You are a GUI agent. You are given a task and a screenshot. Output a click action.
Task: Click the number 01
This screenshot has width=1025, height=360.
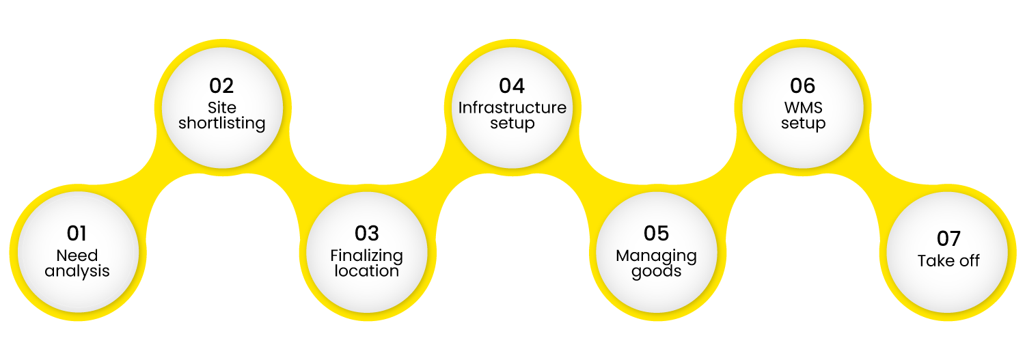[77, 234]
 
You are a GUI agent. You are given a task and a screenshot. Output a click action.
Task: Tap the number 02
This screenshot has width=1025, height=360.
[221, 86]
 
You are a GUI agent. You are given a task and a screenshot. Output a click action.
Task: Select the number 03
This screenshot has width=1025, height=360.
[366, 234]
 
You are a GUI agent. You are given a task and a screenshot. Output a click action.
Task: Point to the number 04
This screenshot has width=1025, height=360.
[512, 86]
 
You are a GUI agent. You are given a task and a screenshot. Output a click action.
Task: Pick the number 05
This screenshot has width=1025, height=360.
[656, 234]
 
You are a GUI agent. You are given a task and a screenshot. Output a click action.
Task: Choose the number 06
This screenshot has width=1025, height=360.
[803, 86]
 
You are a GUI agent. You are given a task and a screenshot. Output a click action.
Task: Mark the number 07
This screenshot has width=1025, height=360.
[948, 238]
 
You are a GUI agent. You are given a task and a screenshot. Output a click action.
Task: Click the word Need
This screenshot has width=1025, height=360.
[77, 256]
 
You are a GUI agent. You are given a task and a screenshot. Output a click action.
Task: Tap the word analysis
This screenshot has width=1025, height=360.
[77, 271]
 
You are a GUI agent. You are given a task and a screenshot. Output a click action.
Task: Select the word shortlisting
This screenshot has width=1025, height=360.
[221, 124]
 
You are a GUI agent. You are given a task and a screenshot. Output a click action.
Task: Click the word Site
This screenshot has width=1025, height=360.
[221, 108]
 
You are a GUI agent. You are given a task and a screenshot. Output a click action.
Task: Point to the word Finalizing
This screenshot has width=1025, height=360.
[366, 256]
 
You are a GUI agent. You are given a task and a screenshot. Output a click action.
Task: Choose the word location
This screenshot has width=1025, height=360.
[366, 271]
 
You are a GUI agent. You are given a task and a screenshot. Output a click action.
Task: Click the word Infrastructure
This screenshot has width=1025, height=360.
[512, 108]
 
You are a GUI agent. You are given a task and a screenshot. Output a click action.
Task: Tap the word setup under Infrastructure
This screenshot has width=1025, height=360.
[512, 124]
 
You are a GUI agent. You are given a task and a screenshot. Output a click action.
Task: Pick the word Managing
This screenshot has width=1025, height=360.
[656, 256]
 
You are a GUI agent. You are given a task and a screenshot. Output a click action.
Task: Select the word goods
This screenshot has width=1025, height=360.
[656, 271]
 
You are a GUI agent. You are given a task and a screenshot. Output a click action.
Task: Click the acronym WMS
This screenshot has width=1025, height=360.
[803, 108]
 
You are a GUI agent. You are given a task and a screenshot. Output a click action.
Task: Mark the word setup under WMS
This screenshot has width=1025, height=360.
[803, 124]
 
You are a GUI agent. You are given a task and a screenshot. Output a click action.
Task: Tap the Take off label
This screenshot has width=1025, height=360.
[948, 261]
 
